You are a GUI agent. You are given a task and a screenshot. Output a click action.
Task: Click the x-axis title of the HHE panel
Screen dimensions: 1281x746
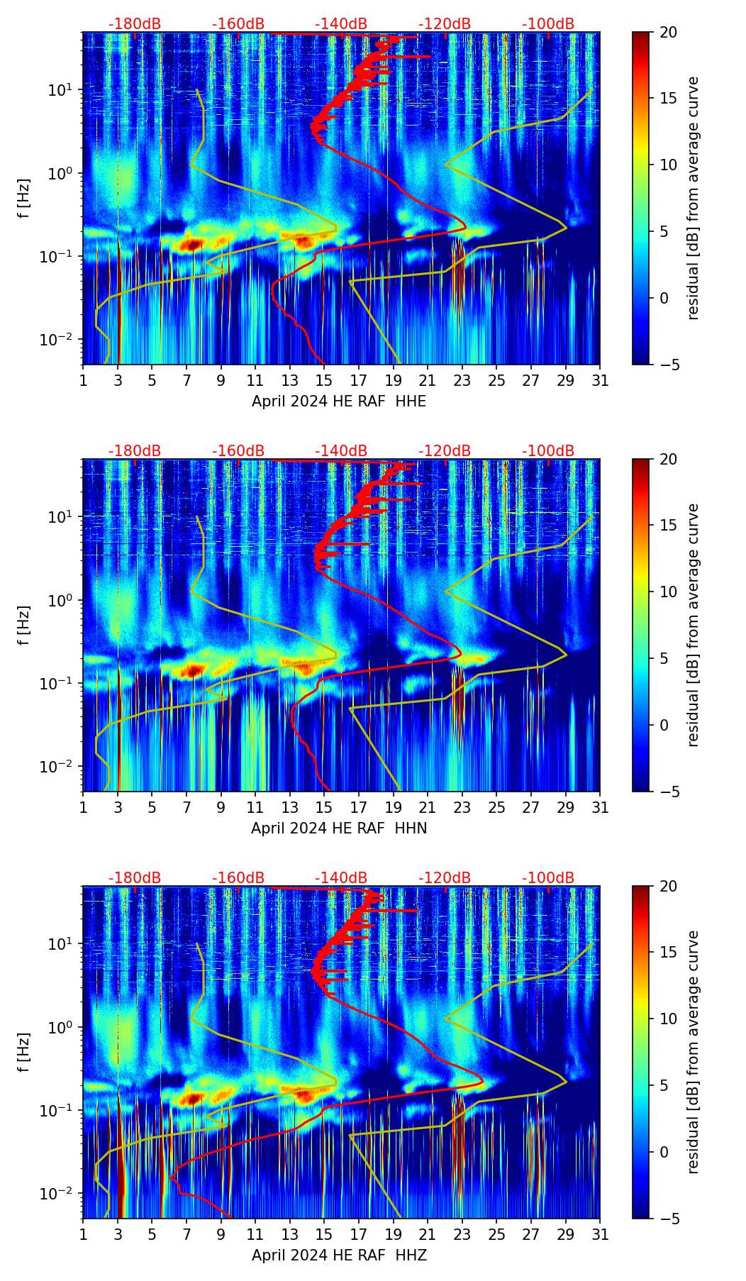point(339,401)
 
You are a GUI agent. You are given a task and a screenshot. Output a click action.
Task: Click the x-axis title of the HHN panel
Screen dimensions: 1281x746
point(339,828)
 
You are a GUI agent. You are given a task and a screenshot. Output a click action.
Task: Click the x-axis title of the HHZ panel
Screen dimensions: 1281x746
point(339,1255)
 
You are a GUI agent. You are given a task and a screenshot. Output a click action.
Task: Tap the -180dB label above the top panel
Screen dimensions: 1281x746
point(135,24)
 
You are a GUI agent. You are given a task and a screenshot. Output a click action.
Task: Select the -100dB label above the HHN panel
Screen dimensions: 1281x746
point(548,451)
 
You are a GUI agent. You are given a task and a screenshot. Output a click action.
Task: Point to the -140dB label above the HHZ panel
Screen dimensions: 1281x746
point(341,878)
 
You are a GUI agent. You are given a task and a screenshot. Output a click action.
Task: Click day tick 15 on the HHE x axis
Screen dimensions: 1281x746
point(324,381)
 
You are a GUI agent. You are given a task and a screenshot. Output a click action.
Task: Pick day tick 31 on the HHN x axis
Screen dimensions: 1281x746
point(600,808)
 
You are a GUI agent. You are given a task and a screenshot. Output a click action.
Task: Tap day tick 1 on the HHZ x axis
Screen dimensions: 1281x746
point(84,1235)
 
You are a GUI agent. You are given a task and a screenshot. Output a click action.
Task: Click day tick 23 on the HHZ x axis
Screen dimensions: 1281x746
point(462,1235)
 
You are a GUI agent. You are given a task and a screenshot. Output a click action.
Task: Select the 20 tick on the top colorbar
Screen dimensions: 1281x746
point(669,32)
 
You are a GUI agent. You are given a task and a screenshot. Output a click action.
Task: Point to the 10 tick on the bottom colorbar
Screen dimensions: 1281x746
point(669,1019)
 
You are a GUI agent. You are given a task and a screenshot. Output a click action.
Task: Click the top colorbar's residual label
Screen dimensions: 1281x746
point(693,198)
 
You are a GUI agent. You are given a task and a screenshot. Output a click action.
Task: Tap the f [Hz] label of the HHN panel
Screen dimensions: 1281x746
point(23,625)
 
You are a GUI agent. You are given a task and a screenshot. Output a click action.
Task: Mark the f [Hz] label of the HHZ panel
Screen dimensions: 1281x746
point(23,1052)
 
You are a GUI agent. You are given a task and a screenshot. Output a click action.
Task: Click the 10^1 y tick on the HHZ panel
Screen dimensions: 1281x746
point(60,944)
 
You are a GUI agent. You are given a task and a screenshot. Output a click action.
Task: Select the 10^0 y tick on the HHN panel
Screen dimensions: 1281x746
point(60,601)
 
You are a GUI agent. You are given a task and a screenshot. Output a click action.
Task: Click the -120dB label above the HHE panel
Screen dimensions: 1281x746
point(445,24)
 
